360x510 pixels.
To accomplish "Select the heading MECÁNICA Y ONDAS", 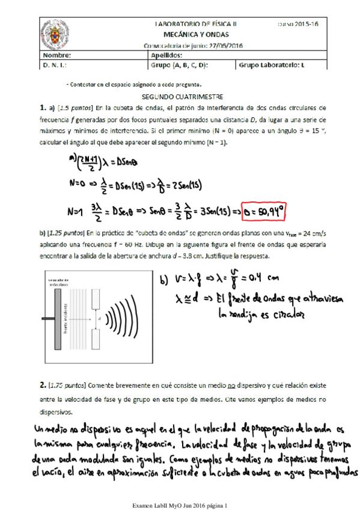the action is pos(196,35).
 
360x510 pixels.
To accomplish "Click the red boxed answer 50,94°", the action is pos(263,212).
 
